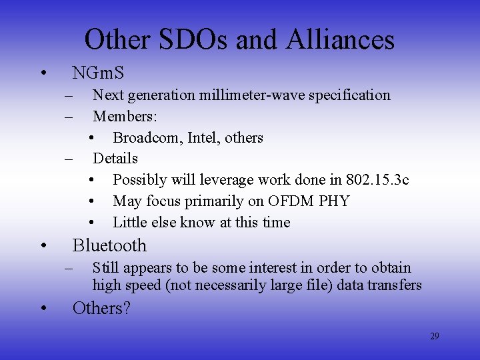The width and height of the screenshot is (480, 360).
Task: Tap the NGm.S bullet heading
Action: pos(98,71)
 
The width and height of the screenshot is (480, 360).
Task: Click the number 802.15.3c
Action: pos(377,179)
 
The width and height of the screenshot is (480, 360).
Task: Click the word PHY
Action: pos(334,201)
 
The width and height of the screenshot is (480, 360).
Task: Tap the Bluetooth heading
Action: pos(109,245)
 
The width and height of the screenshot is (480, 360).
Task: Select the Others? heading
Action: pos(101,308)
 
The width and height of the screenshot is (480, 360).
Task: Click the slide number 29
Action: pos(434,336)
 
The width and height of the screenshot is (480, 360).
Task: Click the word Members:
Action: pos(125,116)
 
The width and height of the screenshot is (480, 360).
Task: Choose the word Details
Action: pos(115,158)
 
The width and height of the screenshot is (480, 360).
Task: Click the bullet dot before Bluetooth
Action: pos(43,245)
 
